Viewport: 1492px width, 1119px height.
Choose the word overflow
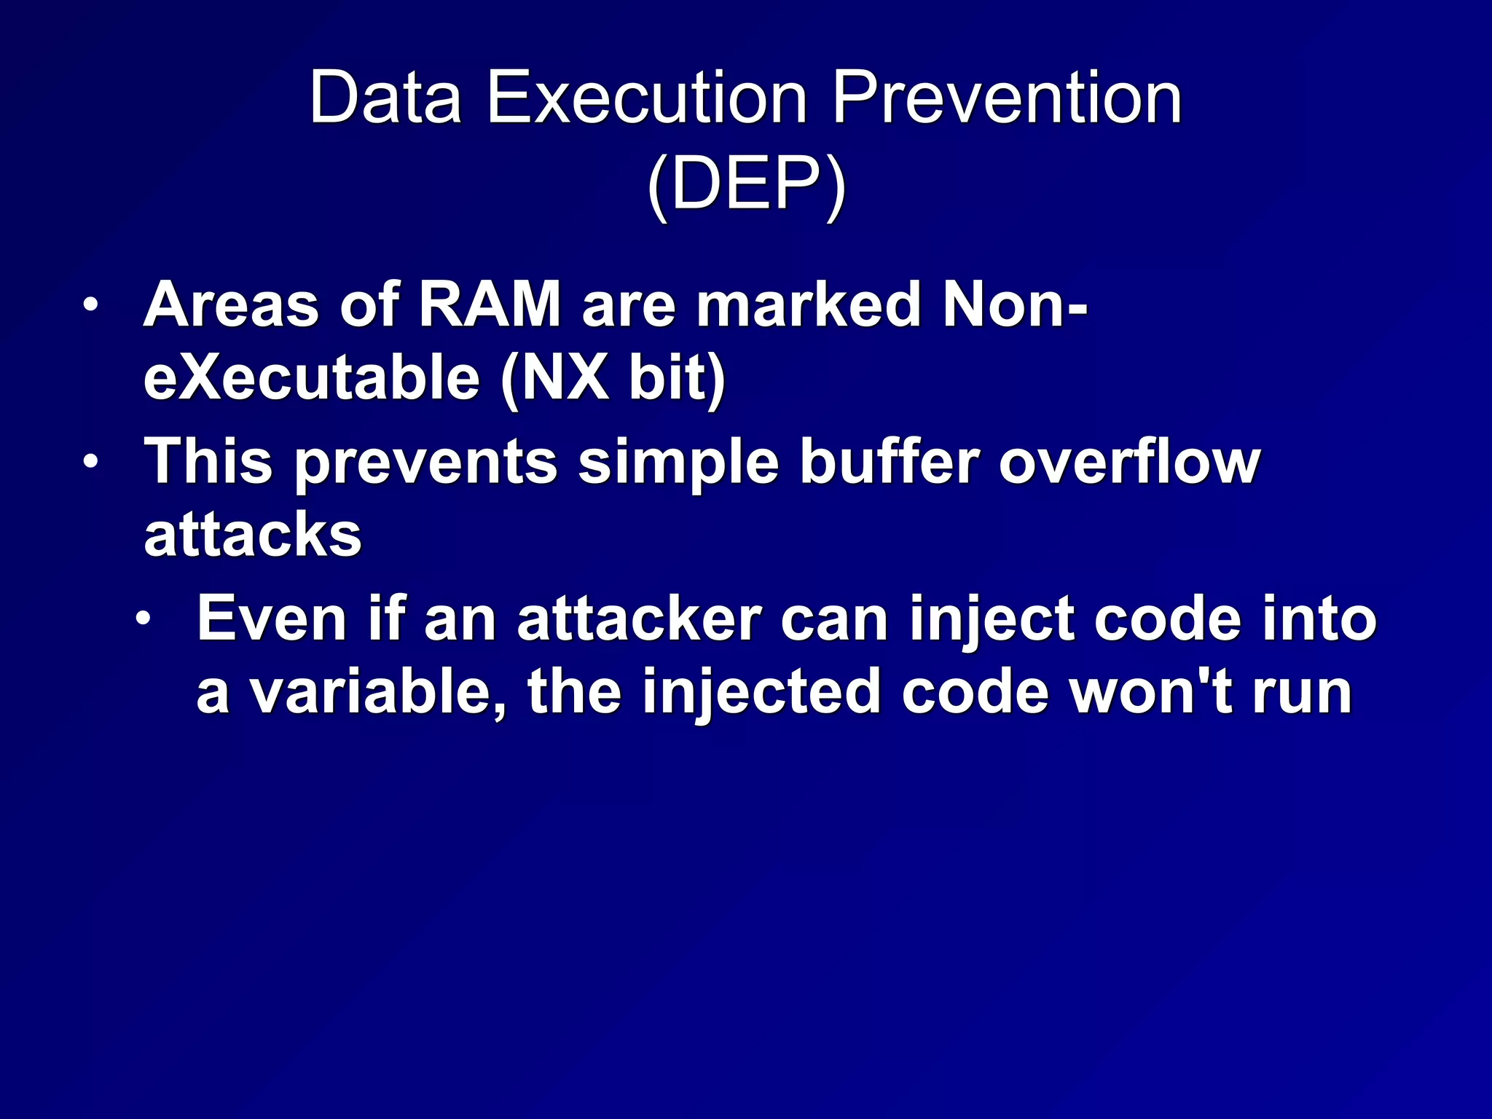(x=1129, y=462)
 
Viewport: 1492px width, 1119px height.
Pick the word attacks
(x=253, y=535)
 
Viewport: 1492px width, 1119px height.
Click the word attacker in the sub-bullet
(x=639, y=620)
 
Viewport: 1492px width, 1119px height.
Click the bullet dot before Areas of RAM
(x=90, y=305)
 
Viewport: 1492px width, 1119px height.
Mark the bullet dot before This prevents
(x=90, y=462)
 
